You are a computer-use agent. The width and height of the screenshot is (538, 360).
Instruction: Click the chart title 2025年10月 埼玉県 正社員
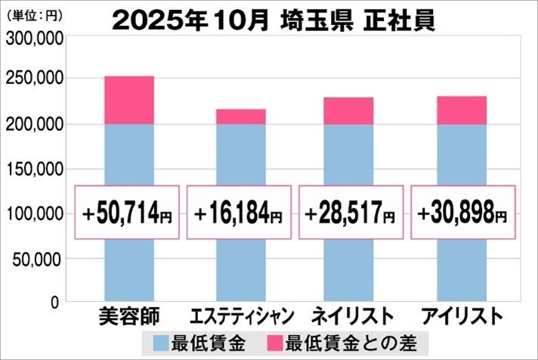point(274,19)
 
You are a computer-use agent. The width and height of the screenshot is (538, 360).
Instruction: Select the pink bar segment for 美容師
point(128,100)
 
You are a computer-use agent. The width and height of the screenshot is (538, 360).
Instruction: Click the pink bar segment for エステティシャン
point(240,116)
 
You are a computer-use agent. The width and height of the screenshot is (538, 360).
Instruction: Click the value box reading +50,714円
point(128,212)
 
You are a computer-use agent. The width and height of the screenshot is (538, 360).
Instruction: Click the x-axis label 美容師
point(128,315)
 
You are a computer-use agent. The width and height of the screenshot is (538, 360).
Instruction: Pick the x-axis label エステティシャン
point(240,315)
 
